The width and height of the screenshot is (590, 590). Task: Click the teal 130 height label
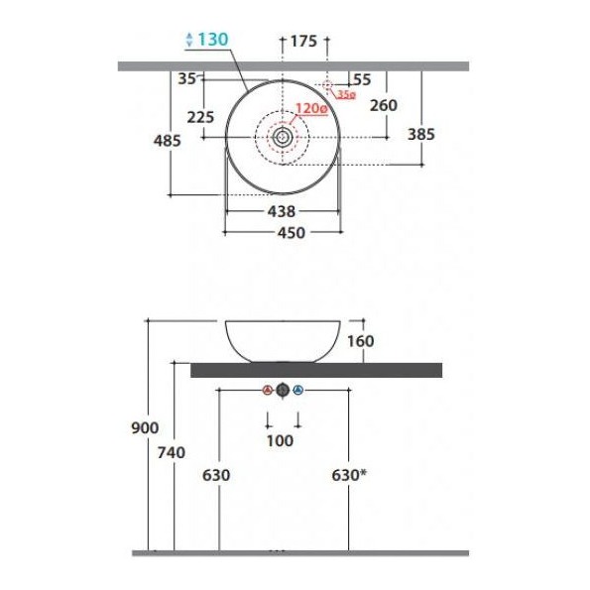(x=213, y=39)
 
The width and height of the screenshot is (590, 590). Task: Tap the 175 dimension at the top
(x=303, y=41)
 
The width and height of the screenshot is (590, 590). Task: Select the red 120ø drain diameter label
(x=312, y=108)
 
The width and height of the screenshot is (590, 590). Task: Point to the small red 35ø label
(x=346, y=94)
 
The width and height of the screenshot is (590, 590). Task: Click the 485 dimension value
(x=168, y=141)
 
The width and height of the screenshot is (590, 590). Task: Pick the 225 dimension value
(x=200, y=117)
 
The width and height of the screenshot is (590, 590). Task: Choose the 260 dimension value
(x=384, y=105)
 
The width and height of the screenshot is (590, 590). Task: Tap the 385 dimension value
(x=421, y=134)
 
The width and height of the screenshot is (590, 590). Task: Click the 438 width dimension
(x=282, y=211)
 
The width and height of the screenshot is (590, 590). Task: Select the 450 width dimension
(x=292, y=233)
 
